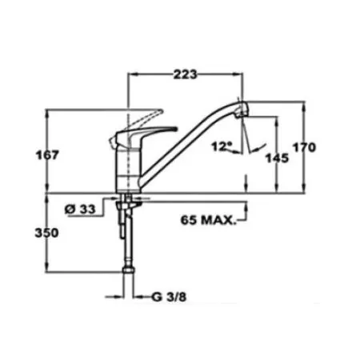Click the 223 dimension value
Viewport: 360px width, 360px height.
186,74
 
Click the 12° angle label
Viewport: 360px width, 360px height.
222,146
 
